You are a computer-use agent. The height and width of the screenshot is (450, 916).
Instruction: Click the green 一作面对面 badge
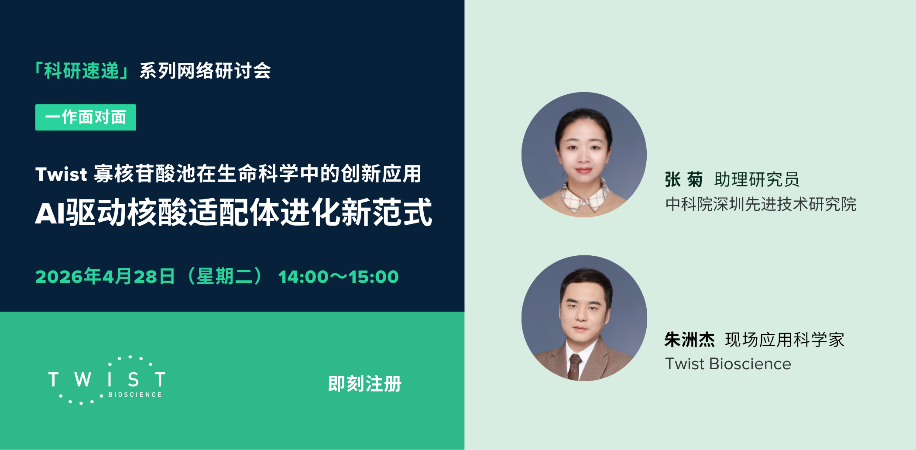coord(86,117)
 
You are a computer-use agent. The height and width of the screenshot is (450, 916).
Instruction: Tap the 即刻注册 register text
coord(364,384)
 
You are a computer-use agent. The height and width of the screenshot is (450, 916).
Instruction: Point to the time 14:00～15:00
coord(338,277)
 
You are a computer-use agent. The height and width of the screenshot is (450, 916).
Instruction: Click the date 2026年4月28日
coord(105,277)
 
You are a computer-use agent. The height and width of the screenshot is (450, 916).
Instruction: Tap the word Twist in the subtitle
coord(61,174)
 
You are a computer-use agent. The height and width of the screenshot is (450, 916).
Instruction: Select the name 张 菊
coord(683,179)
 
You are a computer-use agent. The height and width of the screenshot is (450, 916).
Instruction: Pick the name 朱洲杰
coord(690,340)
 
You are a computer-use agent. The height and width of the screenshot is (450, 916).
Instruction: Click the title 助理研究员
coord(757,179)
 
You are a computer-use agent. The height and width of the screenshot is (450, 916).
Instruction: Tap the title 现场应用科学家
coord(785,340)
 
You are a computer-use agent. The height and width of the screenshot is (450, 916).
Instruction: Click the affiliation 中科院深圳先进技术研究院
coord(761,204)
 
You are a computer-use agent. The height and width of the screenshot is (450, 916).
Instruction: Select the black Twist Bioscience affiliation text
coord(728,364)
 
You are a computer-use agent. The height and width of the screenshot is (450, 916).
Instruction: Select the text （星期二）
coord(225,277)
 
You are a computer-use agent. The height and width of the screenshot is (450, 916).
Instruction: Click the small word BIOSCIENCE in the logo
coord(135,395)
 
